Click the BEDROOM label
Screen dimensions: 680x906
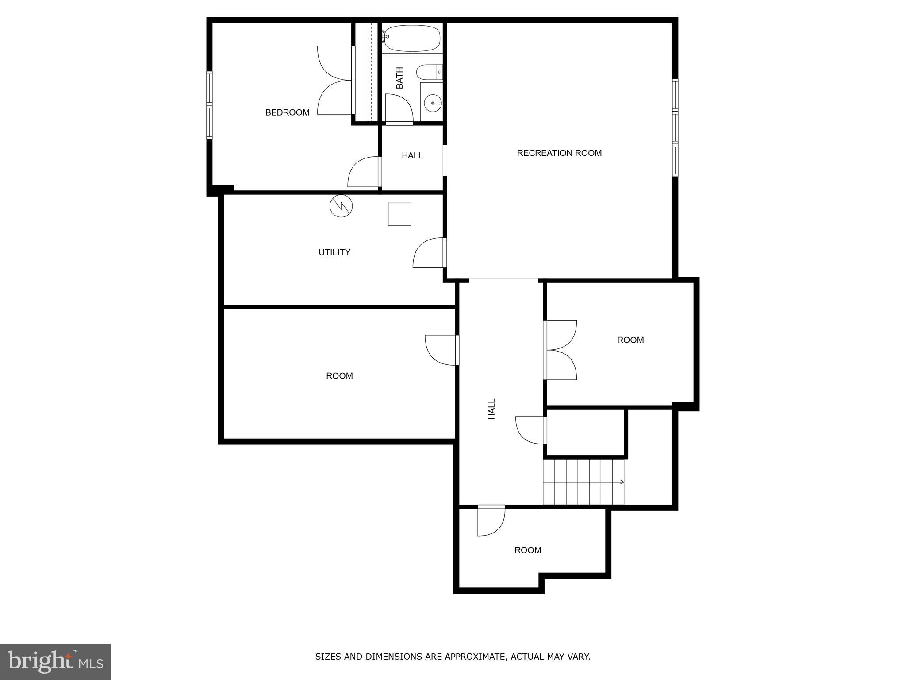point(287,112)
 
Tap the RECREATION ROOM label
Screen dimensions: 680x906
point(559,153)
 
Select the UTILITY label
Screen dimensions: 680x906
point(334,252)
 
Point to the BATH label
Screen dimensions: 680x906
point(399,77)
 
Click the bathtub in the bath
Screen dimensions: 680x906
point(412,38)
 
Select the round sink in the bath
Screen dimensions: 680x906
point(432,103)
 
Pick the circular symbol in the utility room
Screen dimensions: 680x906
point(341,206)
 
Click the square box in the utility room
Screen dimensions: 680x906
point(399,214)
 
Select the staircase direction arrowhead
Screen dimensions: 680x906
point(622,482)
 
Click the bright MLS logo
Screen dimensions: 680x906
point(55,661)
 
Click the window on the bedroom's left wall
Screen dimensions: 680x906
point(210,105)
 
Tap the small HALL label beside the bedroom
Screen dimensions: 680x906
point(412,156)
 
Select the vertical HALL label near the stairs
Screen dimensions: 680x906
point(491,409)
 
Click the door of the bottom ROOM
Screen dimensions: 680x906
point(491,521)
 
